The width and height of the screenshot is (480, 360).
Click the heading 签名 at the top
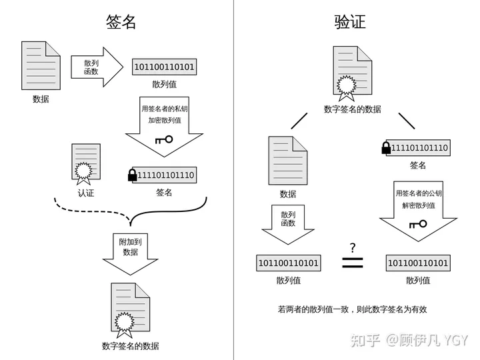tap(121, 21)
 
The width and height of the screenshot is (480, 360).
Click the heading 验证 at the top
tap(350, 21)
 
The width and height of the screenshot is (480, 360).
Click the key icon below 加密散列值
tap(163, 140)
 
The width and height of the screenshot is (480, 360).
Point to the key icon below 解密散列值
tap(418, 223)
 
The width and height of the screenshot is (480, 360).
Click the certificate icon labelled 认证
tap(87, 164)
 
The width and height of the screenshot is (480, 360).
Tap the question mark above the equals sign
tap(351, 248)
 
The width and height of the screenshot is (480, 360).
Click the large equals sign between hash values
tap(352, 263)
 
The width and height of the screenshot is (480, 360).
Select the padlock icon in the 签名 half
tap(132, 175)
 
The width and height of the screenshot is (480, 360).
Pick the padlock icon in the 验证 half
tap(385, 147)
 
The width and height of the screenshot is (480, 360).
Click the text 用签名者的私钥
tap(164, 109)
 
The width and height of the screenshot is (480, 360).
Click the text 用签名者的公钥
tap(419, 193)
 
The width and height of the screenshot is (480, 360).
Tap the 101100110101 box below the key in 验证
tap(418, 263)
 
